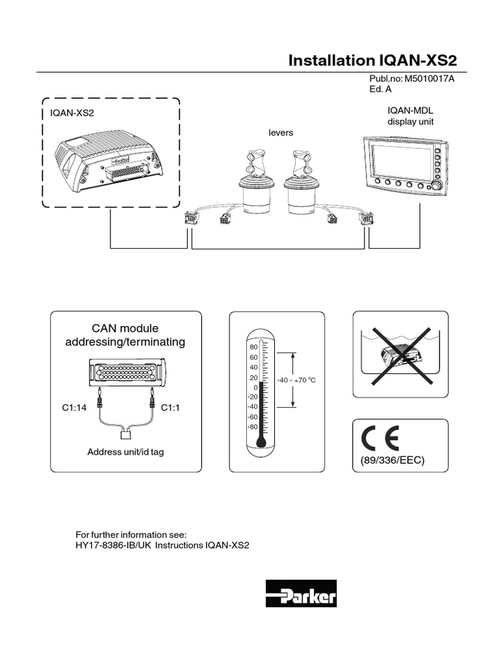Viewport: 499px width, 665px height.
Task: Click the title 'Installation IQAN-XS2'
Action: coord(372,60)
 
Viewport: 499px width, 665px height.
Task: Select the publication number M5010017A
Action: coord(429,79)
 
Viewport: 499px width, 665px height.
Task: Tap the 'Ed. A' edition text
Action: coord(380,90)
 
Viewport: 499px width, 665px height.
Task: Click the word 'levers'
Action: coord(281,132)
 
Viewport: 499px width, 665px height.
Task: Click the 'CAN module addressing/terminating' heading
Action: coord(125,335)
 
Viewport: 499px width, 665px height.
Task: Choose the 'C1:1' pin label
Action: coord(170,407)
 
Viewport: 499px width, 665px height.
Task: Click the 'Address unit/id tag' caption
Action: coord(125,452)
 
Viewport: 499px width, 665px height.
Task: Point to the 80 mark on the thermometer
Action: coord(253,347)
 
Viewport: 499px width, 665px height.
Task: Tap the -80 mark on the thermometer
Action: coord(252,427)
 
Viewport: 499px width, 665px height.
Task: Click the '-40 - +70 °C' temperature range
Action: coord(296,379)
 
